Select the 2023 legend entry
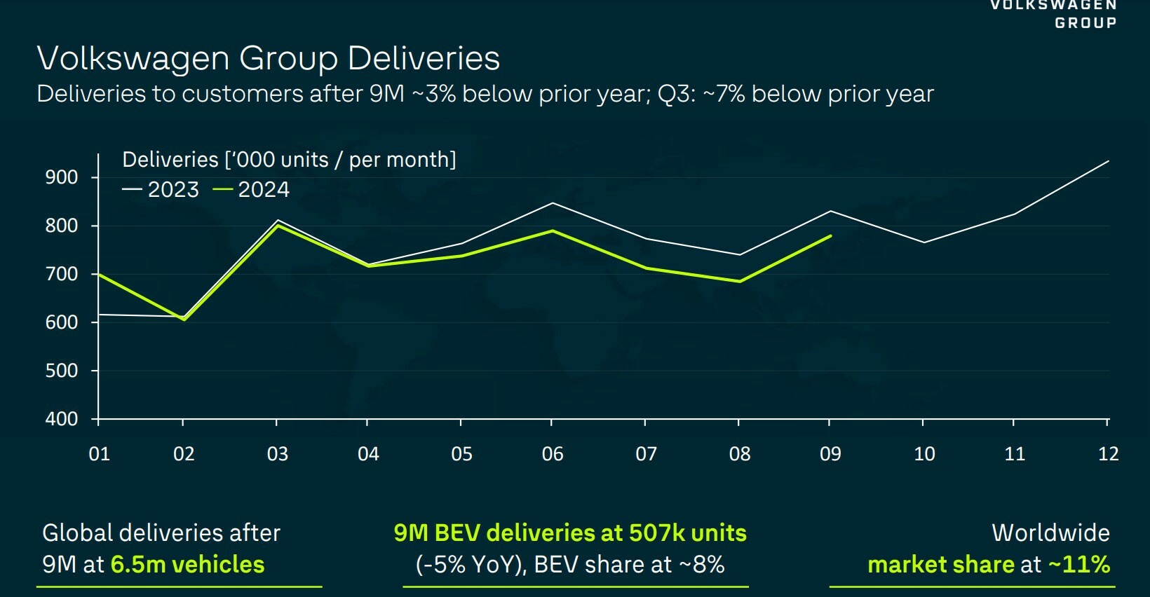tap(161, 190)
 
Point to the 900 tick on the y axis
tap(62, 177)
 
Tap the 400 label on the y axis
tap(62, 419)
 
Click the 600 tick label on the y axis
tap(62, 322)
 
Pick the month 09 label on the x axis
tap(830, 454)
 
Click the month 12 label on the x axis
tap(1108, 454)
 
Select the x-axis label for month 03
tap(277, 454)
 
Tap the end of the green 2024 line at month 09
tap(831, 236)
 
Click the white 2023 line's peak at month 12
tap(1108, 161)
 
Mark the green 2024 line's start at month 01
tap(99, 274)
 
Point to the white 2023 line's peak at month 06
tap(553, 203)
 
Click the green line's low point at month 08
tap(739, 282)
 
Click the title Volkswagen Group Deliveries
tap(268, 58)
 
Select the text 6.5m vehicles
tap(187, 565)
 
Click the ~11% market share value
tap(1079, 565)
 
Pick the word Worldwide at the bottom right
tap(1050, 533)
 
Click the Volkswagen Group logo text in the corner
tap(1053, 14)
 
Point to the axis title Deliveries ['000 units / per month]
tap(289, 160)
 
